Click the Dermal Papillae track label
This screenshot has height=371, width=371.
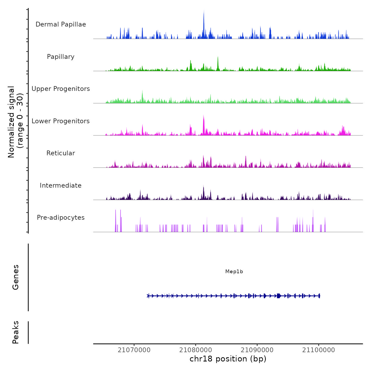click(61, 24)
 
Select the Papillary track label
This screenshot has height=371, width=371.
click(61, 57)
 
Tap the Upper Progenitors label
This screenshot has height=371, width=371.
click(61, 89)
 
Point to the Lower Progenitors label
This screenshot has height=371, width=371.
click(61, 121)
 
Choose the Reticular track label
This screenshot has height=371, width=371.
click(61, 153)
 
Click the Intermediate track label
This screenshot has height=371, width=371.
click(61, 185)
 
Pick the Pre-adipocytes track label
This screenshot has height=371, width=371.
click(61, 218)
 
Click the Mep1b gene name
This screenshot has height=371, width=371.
click(234, 272)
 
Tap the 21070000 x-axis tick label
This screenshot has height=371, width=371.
click(134, 350)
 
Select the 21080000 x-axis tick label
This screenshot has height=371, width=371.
click(196, 350)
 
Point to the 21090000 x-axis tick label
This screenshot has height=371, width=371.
click(257, 350)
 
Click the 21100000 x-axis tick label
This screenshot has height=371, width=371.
click(319, 350)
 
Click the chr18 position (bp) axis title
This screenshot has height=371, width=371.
click(228, 359)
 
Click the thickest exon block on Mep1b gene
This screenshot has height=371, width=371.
click(279, 296)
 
